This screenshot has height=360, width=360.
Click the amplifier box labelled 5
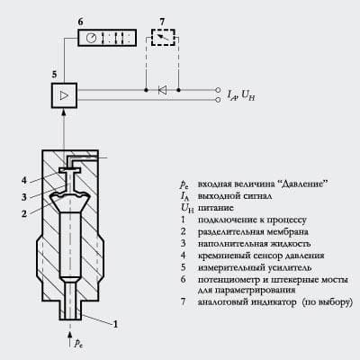64,95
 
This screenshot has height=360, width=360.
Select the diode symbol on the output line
162,90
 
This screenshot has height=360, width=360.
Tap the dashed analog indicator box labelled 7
163,37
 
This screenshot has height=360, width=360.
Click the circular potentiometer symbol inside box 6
92,38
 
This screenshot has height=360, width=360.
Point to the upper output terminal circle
218,90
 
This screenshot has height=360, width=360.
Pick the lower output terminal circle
218,100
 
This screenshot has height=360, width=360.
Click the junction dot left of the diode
146,90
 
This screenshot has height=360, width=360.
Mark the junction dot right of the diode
179,90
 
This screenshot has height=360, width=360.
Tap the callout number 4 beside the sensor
24,181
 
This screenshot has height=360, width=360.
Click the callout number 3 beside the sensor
24,197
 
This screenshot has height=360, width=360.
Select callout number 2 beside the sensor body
24,213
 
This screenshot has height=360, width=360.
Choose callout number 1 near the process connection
115,324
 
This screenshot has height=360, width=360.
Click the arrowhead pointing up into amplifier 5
64,112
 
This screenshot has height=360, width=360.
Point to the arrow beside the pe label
70,339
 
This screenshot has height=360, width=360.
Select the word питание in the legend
216,208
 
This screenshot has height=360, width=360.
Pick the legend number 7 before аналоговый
183,301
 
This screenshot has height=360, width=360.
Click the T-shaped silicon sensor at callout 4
69,174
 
